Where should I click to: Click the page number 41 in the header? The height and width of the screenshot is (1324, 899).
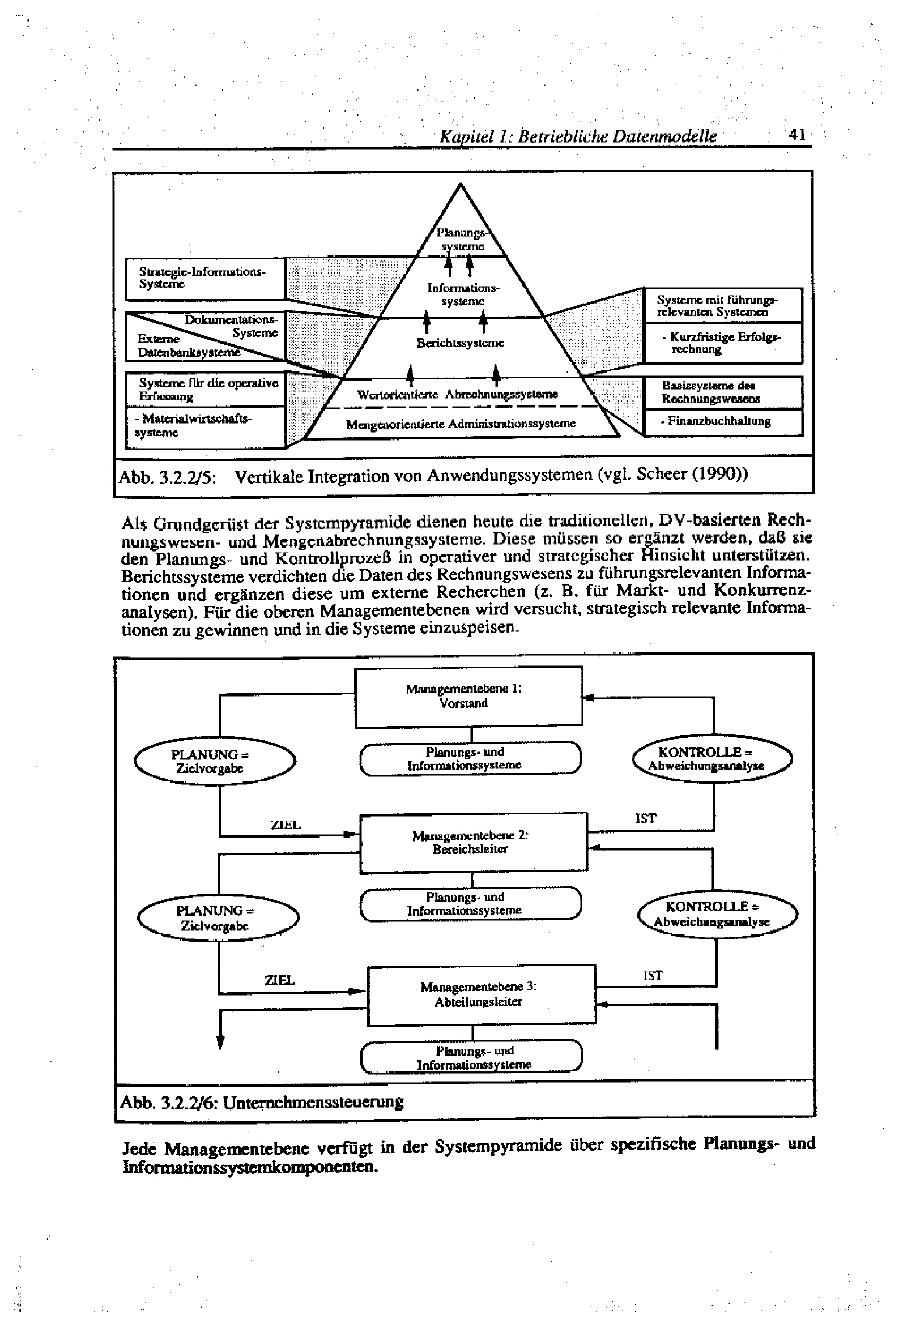pyautogui.click(x=796, y=135)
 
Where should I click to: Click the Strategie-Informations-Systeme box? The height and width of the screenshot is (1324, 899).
pyautogui.click(x=204, y=278)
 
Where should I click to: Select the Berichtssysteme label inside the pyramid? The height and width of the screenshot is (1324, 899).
pyautogui.click(x=460, y=343)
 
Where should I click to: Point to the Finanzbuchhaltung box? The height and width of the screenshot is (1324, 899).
pyautogui.click(x=722, y=421)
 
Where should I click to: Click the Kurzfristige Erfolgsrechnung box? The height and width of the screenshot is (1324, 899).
pyautogui.click(x=722, y=343)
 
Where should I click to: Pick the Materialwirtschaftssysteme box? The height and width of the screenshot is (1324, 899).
pyautogui.click(x=205, y=426)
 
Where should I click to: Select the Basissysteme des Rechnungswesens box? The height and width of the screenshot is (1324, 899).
pyautogui.click(x=722, y=392)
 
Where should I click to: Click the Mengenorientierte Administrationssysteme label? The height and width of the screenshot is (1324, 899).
pyautogui.click(x=461, y=424)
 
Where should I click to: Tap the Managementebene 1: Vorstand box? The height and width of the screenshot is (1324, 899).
pyautogui.click(x=468, y=696)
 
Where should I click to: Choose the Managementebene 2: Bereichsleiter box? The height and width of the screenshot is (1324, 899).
pyautogui.click(x=472, y=842)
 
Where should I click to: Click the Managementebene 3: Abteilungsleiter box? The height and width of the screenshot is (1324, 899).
pyautogui.click(x=480, y=995)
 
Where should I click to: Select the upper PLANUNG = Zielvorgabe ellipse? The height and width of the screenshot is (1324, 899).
pyautogui.click(x=214, y=761)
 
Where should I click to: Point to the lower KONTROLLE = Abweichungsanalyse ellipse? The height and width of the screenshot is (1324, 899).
pyautogui.click(x=717, y=914)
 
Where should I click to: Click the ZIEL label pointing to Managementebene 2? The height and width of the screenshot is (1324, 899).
pyautogui.click(x=285, y=825)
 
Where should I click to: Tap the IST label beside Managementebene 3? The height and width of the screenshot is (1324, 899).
pyautogui.click(x=653, y=976)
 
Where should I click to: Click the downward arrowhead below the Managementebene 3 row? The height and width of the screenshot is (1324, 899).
pyautogui.click(x=220, y=1042)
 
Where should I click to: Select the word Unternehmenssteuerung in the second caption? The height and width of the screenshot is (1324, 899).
pyautogui.click(x=313, y=1102)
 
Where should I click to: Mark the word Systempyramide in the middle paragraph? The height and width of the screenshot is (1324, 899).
pyautogui.click(x=348, y=522)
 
